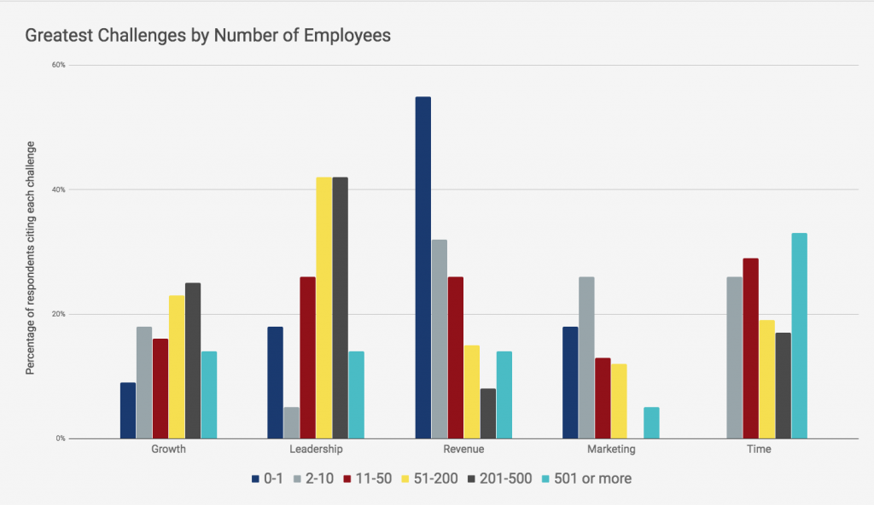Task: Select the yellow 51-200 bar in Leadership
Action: [x=323, y=307]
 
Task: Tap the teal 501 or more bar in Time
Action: [x=799, y=335]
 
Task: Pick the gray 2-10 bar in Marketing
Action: [x=586, y=357]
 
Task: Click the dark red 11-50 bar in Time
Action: [x=750, y=348]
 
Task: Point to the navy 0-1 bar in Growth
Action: [x=128, y=410]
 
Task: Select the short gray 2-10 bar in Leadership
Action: [x=291, y=422]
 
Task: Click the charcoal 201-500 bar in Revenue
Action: [x=487, y=414]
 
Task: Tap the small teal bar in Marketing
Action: [x=651, y=422]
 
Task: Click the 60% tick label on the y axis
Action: [x=59, y=65]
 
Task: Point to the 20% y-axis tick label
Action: [x=59, y=314]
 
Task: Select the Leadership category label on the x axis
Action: [x=316, y=450]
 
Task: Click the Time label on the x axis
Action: [x=758, y=450]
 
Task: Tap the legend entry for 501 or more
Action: [x=589, y=479]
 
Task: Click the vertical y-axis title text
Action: [x=31, y=252]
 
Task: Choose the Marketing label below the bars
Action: [x=611, y=450]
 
